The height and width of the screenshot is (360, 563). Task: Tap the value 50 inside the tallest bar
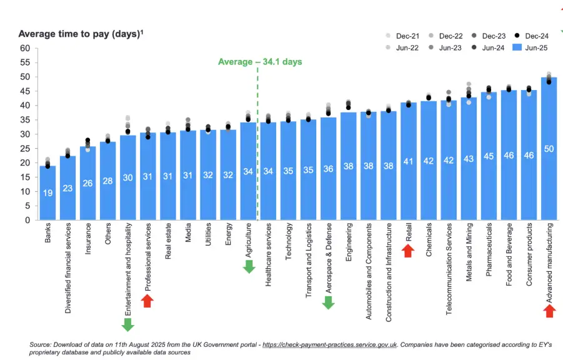549,150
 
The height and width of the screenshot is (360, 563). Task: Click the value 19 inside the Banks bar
48,193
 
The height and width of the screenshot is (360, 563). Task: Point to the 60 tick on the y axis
24,48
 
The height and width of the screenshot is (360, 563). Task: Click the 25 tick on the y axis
24,148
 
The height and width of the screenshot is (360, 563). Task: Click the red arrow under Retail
408,251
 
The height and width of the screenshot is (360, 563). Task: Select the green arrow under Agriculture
249,266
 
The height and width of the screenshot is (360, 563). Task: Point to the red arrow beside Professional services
148,301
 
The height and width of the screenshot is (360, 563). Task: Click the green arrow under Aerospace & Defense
329,302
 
